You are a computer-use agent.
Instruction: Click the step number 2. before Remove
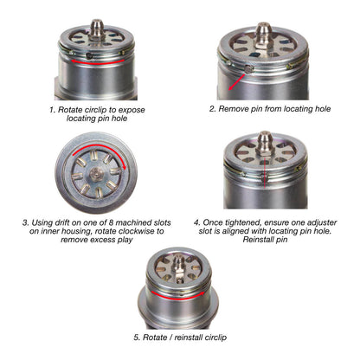[213, 110]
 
